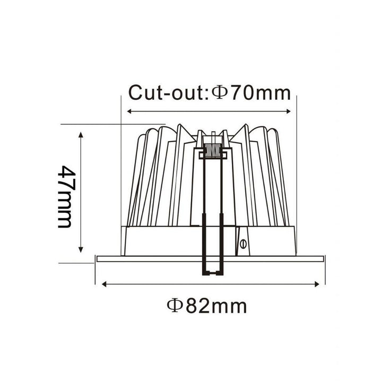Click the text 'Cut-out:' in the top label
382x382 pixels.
click(x=168, y=92)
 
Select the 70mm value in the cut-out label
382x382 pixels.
click(x=261, y=92)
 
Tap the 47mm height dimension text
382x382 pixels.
click(x=65, y=197)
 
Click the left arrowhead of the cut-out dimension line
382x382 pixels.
click(x=129, y=111)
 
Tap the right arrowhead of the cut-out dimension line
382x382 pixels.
click(x=289, y=111)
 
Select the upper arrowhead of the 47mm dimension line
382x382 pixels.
click(x=81, y=134)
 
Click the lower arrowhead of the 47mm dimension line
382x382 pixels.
click(x=81, y=249)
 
